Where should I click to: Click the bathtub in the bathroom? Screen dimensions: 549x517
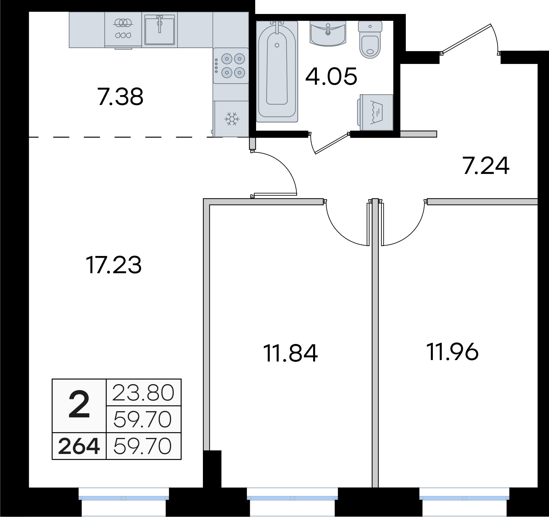tap(277, 71)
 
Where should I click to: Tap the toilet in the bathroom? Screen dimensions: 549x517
tap(370, 40)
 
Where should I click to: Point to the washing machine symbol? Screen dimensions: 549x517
tap(376, 112)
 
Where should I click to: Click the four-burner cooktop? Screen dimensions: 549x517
tap(231, 66)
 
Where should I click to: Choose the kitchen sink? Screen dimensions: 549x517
tap(160, 30)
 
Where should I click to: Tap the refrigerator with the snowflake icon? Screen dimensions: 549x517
tap(231, 119)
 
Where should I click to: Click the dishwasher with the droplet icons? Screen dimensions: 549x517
tap(123, 30)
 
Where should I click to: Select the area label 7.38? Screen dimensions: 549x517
tap(120, 97)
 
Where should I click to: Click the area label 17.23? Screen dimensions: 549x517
tap(113, 265)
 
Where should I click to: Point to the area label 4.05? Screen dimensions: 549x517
tap(331, 76)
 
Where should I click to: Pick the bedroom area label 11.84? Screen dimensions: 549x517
tap(291, 353)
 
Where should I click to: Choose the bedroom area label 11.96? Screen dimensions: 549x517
tap(452, 351)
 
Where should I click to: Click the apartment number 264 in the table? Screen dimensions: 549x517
tap(79, 446)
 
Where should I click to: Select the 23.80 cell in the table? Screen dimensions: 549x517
tap(143, 392)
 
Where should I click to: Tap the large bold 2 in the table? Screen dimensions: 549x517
tap(79, 405)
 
